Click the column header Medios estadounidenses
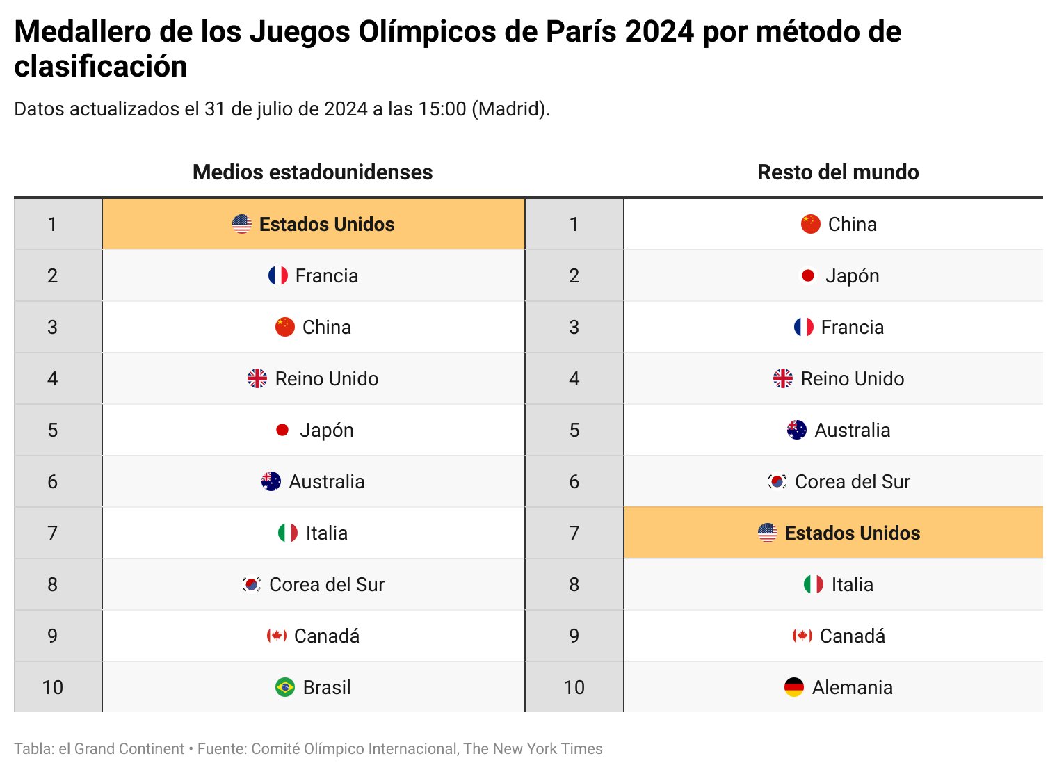point(312,172)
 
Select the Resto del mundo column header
point(838,172)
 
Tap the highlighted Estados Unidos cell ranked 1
point(314,224)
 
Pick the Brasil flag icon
point(285,687)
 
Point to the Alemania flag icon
point(794,687)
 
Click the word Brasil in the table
point(327,687)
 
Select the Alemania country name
point(852,687)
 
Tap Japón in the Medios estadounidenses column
point(326,430)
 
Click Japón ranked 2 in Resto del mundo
point(852,275)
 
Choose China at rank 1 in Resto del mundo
point(852,224)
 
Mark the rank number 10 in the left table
point(53,687)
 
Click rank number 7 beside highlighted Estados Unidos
point(574,533)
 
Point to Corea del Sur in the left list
point(326,584)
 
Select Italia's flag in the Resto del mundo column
point(814,584)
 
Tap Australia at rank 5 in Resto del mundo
point(852,430)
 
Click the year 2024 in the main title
point(659,32)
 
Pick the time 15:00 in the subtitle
point(442,109)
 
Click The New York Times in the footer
point(533,748)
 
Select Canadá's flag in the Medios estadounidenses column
point(277,636)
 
